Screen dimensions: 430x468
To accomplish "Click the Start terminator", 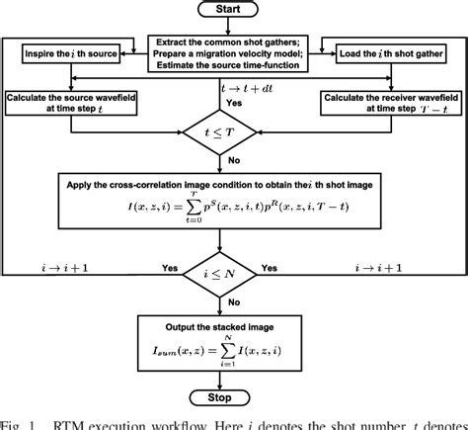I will pos(235,11).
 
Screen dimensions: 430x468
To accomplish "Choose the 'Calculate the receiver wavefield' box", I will pos(392,102).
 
